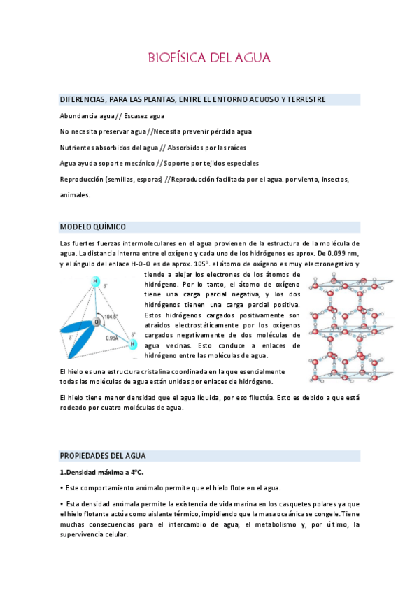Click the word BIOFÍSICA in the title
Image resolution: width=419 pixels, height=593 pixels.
click(x=172, y=57)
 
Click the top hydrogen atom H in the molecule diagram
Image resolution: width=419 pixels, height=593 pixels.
click(x=96, y=281)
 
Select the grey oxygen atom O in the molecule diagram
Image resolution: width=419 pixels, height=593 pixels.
click(x=98, y=321)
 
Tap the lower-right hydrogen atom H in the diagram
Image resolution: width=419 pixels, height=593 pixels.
click(x=132, y=344)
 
